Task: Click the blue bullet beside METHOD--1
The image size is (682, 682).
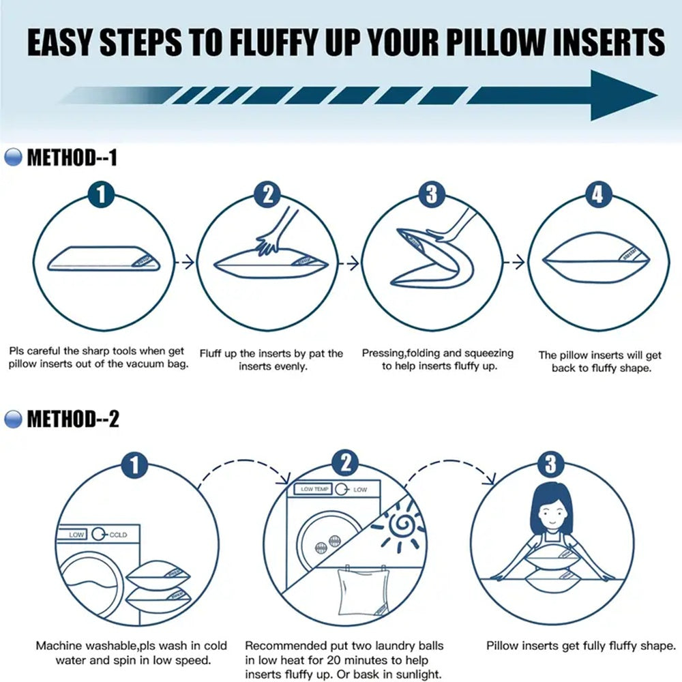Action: (x=13, y=159)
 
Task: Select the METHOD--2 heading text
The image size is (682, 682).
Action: (x=72, y=419)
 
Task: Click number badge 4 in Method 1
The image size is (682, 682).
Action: (x=597, y=194)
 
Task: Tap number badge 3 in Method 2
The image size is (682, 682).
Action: (x=550, y=466)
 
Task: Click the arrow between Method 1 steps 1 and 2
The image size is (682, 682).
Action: (x=185, y=261)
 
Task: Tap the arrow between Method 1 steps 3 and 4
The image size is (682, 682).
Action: (x=518, y=261)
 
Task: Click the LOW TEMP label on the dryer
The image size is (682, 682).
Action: (x=315, y=490)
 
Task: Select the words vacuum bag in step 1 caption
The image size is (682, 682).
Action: (x=158, y=364)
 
